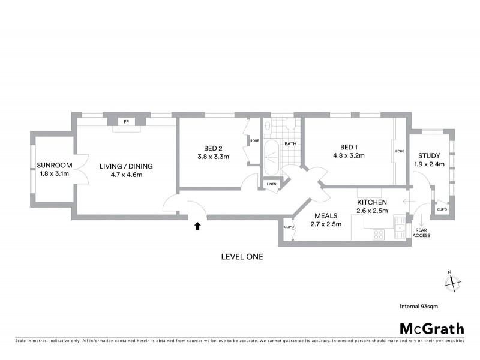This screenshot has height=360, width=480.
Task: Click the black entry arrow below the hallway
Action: pyautogui.click(x=197, y=226)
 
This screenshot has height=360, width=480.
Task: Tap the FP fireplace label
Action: pyautogui.click(x=127, y=122)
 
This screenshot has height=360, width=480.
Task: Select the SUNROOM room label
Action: pyautogui.click(x=54, y=166)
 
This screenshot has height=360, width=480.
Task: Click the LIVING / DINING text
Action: pyautogui.click(x=127, y=166)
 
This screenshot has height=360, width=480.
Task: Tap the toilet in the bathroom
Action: pyautogui.click(x=290, y=124)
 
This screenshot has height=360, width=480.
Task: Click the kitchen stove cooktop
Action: pyautogui.click(x=379, y=234)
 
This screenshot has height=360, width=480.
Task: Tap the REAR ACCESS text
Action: pyautogui.click(x=422, y=233)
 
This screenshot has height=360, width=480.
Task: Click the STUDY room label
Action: pyautogui.click(x=428, y=155)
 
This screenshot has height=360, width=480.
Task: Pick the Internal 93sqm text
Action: pyautogui.click(x=419, y=306)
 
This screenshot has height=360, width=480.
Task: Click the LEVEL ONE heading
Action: pyautogui.click(x=242, y=257)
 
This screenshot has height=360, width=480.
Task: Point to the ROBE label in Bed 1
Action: pyautogui.click(x=398, y=152)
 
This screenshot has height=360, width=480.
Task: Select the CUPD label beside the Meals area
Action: pyautogui.click(x=289, y=227)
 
